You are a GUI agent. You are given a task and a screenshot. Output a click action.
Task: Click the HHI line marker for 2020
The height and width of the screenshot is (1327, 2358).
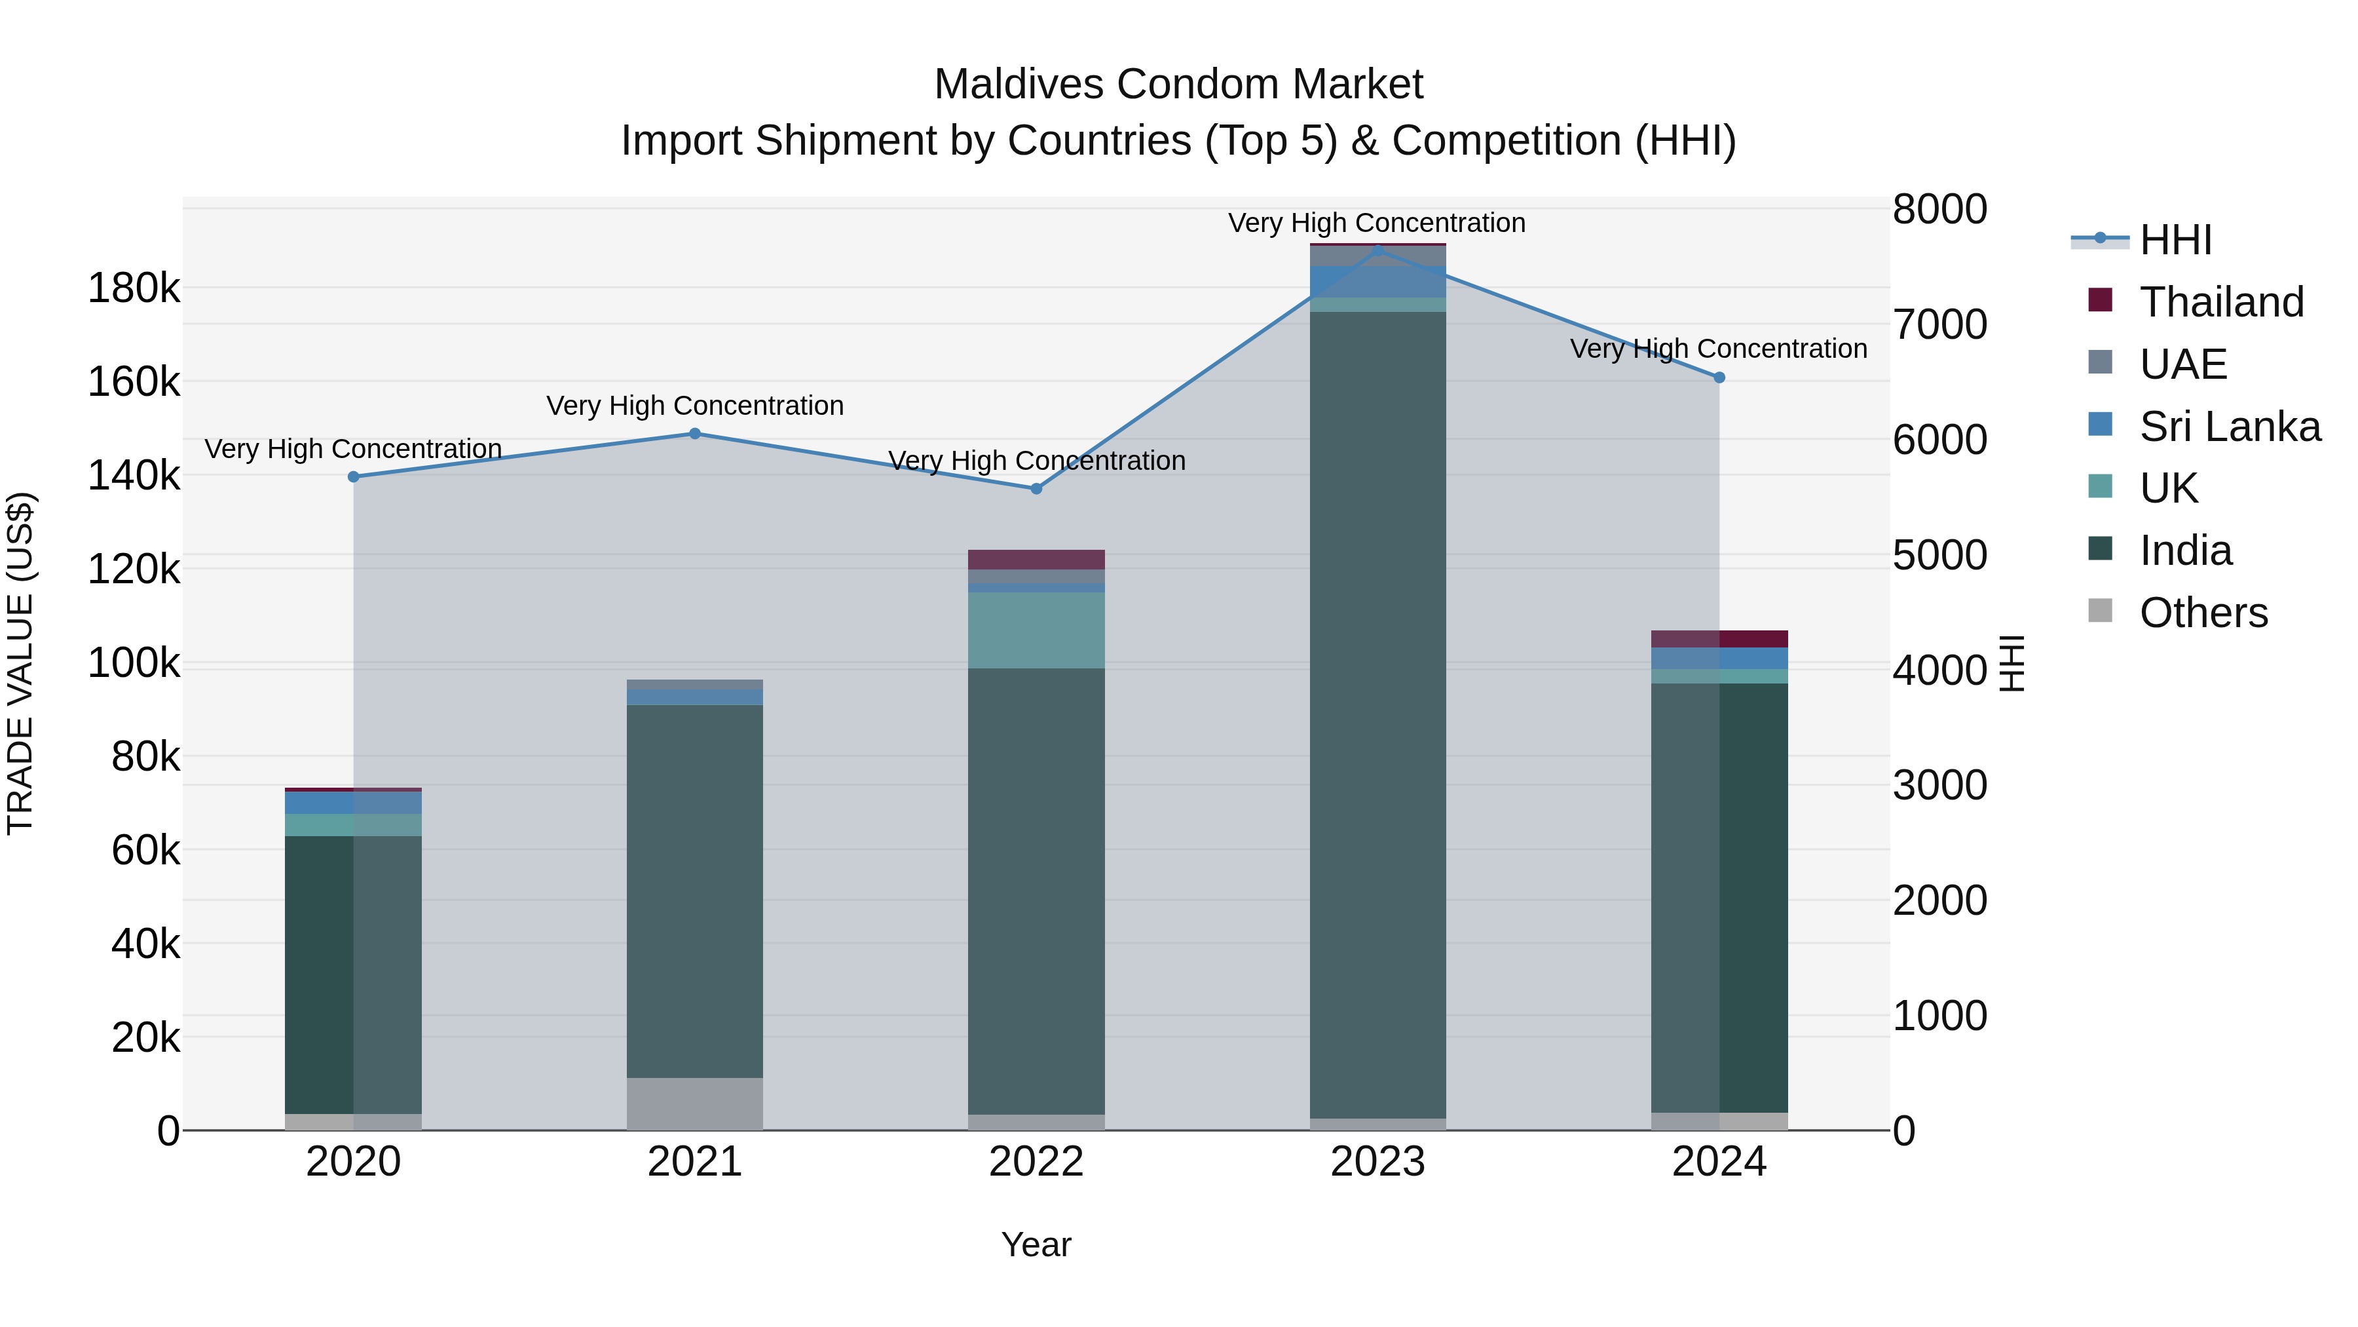pos(353,477)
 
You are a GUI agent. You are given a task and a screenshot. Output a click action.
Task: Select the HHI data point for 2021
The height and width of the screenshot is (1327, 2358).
pos(695,434)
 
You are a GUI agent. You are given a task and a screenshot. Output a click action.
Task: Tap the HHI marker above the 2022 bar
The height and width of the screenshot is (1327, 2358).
pos(1036,489)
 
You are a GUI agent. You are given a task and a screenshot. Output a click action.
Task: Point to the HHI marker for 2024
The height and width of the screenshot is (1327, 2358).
pos(1719,377)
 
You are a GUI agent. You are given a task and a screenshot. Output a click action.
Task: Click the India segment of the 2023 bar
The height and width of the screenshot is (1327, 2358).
pos(1377,714)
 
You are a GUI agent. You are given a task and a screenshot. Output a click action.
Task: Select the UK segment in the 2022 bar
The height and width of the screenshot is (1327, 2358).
pos(1036,630)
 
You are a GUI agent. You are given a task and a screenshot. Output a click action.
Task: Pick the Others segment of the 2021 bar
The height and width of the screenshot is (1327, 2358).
pos(695,1104)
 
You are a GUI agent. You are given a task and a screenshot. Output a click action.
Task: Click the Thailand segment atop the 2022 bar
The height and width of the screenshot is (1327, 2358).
pos(1036,560)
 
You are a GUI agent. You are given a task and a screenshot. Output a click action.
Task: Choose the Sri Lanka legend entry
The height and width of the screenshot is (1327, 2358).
pos(2229,427)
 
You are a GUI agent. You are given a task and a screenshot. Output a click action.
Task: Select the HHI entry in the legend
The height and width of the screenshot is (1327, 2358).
pos(2175,240)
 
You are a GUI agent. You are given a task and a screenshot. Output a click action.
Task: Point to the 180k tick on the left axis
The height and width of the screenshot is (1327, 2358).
pos(134,288)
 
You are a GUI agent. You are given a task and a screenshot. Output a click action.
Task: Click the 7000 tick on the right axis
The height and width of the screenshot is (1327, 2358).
pos(1939,324)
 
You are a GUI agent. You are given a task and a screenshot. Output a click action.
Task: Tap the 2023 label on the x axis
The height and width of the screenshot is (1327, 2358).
pos(1377,1162)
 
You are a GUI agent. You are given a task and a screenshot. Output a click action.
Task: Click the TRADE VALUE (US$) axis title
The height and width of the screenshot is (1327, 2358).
pos(20,663)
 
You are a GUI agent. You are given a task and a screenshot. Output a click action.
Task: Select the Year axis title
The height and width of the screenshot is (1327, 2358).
pos(1036,1244)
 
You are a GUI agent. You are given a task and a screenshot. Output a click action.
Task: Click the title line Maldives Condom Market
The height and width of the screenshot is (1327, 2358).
pos(1178,85)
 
